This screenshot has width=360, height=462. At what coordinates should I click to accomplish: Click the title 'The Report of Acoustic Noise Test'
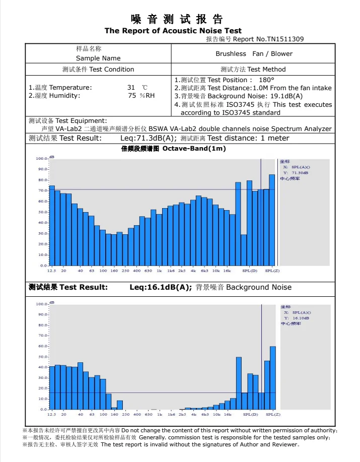[173, 31]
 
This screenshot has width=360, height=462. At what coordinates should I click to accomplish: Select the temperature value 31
[131, 87]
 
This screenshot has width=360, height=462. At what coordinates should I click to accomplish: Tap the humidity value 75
[132, 95]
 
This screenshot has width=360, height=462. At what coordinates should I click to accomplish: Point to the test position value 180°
[266, 80]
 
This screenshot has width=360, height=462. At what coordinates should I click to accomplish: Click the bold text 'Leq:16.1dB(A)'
[161, 287]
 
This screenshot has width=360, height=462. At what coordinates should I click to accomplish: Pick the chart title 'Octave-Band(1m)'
[194, 149]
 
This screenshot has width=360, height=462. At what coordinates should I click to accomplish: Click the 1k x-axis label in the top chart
[159, 271]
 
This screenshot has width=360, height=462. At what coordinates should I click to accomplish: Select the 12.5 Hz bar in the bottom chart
[52, 387]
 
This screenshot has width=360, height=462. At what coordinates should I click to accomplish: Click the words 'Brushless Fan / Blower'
[254, 53]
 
